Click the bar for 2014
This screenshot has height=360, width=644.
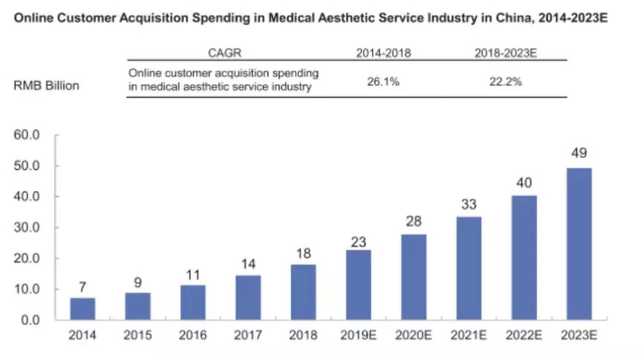coord(83,309)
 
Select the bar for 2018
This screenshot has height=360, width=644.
coord(302,291)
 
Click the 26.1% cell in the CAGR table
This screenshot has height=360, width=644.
coord(383,81)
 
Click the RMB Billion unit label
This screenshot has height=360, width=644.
coord(46,85)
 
